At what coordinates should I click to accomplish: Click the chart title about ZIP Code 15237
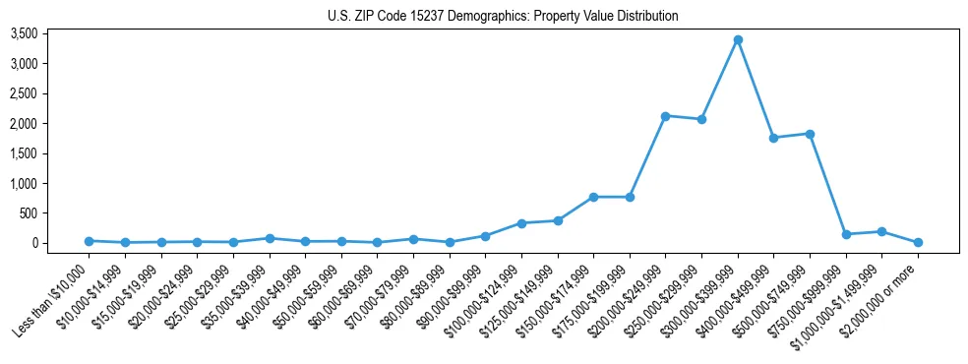503,17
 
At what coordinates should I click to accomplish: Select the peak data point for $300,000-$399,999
738,40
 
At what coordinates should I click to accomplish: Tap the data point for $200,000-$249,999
666,116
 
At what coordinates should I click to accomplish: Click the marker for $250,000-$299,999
701,120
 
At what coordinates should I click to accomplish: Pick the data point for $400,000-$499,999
774,138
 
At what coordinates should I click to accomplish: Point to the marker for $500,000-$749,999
810,134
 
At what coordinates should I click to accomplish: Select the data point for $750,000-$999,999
846,234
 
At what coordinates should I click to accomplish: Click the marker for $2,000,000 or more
918,242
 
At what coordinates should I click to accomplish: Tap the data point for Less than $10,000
89,241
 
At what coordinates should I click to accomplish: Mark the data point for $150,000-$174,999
593,197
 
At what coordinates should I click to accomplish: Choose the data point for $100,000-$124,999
521,223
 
